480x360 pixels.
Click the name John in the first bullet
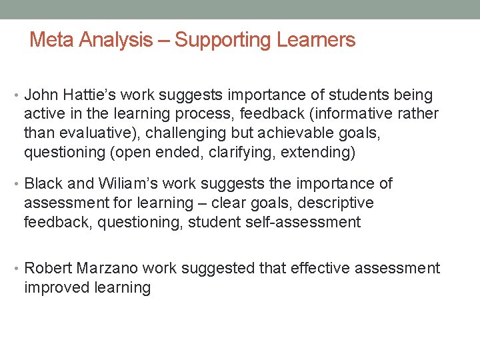click(x=39, y=95)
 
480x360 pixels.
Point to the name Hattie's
click(x=84, y=95)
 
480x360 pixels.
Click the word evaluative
click(x=95, y=133)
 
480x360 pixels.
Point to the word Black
click(x=43, y=183)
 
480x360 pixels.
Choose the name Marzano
click(x=108, y=269)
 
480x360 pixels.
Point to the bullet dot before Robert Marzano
click(x=16, y=269)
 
